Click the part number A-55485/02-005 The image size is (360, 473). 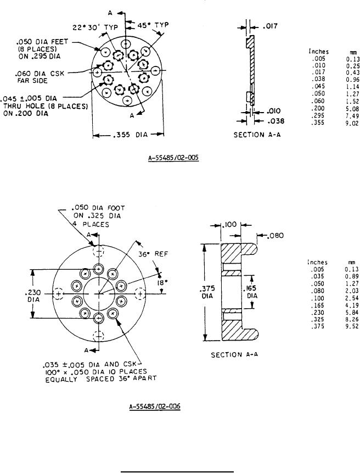click(173, 157)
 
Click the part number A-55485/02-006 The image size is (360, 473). click(155, 406)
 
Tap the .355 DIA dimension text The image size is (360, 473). click(130, 135)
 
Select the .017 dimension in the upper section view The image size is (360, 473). click(270, 26)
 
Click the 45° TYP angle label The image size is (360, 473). click(153, 25)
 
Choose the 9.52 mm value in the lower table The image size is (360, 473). click(352, 326)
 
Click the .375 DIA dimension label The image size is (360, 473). click(207, 292)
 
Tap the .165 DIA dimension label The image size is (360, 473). click(251, 292)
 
